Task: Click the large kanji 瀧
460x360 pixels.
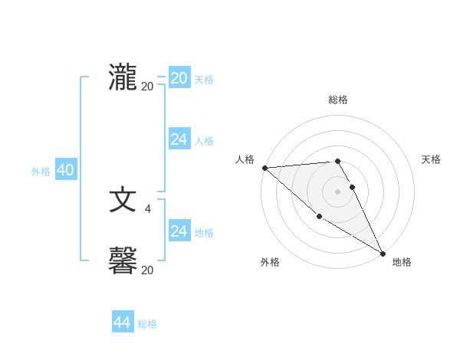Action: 123,77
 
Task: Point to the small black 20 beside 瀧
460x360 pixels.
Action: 147,87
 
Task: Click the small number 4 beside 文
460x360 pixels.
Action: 148,208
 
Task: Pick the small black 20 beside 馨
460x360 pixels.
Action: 147,270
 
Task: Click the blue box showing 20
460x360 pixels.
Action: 179,78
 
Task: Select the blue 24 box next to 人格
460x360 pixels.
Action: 179,139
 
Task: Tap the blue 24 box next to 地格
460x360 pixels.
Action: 179,231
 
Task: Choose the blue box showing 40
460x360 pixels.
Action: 65,171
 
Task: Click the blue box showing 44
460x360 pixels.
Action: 123,322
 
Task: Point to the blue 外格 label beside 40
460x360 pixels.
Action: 41,172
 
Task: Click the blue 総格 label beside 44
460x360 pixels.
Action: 147,324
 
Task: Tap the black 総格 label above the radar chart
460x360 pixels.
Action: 337,100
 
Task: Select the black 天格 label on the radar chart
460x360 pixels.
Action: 432,159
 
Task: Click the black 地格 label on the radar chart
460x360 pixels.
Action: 402,262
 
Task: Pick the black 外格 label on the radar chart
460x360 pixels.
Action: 270,262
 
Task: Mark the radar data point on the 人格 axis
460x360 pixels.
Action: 264,167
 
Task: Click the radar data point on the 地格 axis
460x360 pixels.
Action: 383,253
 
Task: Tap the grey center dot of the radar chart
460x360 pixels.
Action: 337,191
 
